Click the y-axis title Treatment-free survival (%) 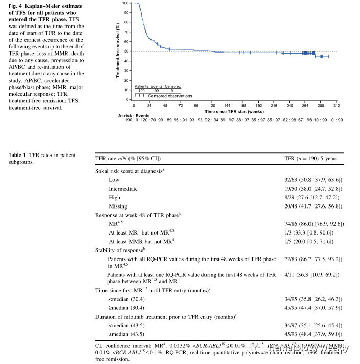118,50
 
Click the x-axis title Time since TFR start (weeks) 234,110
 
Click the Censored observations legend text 170,96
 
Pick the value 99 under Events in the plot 157,90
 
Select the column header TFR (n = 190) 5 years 310,159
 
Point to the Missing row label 119,206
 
